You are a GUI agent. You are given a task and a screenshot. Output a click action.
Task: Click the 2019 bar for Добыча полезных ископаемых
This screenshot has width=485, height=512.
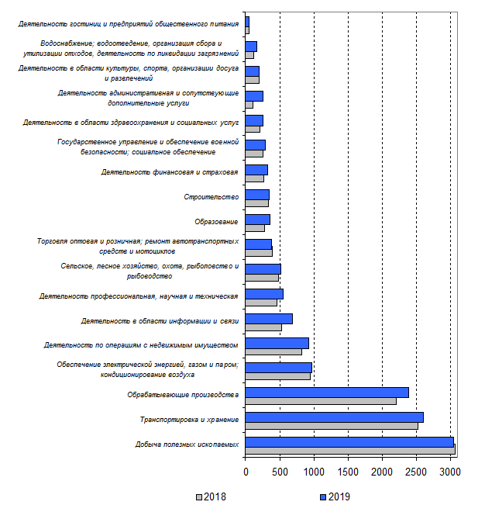[349, 441]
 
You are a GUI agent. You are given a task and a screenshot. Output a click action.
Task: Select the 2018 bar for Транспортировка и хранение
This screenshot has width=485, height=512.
[331, 425]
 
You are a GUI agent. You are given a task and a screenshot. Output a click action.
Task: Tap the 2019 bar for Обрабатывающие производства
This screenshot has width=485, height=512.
[326, 392]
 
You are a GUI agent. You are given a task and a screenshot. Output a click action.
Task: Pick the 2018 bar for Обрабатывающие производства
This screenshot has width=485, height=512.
[320, 400]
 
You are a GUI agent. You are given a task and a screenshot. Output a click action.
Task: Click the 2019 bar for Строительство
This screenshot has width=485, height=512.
[256, 194]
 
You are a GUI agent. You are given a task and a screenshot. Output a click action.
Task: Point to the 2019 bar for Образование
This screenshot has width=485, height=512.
[257, 219]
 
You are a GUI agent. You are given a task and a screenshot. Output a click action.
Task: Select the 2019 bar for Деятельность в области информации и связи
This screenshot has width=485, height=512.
[268, 318]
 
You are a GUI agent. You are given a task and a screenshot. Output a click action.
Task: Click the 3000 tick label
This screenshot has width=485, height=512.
[450, 469]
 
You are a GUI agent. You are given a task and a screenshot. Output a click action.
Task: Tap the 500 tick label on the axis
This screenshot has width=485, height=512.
[280, 469]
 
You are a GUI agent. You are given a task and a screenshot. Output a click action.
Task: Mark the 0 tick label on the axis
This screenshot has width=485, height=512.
[246, 469]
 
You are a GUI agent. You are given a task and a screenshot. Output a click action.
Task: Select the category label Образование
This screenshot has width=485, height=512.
[216, 222]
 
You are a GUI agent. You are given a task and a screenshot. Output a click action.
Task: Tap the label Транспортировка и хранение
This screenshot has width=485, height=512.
[188, 420]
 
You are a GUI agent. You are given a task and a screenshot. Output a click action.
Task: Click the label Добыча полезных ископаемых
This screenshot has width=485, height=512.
[186, 445]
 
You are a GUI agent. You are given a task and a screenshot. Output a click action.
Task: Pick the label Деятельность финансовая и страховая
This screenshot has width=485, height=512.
[170, 172]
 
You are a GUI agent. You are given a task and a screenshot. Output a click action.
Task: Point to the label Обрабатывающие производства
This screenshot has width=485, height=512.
[182, 395]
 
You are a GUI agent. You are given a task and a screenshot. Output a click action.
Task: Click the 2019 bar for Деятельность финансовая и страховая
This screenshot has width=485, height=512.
[256, 169]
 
